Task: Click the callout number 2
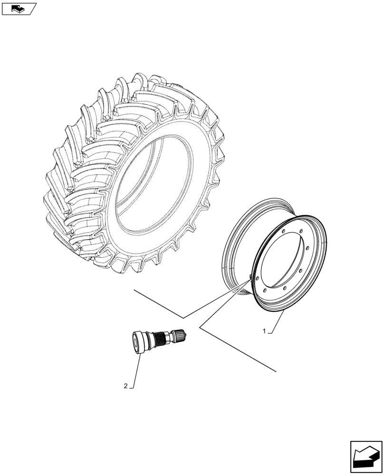[x=125, y=386]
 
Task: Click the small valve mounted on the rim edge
[x=250, y=278]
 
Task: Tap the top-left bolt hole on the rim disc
[x=282, y=231]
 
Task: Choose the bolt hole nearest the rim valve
[x=257, y=280]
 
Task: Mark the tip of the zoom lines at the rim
[x=248, y=280]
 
